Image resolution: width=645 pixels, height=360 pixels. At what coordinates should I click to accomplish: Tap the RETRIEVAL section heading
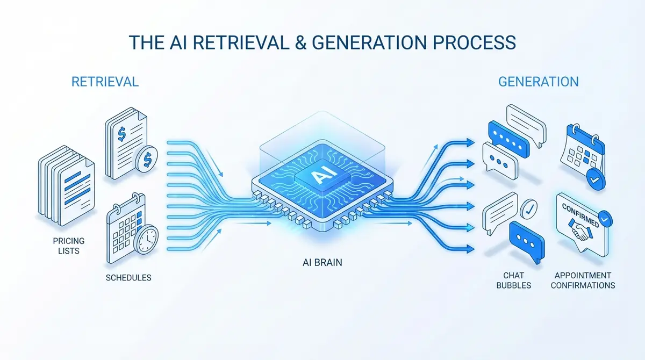105,82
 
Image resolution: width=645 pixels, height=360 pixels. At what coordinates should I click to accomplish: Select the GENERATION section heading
538,82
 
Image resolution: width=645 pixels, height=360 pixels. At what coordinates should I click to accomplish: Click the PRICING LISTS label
69,246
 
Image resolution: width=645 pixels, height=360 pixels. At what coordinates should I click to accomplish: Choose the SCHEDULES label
128,278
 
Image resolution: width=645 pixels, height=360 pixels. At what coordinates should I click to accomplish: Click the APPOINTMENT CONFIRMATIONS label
583,280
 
